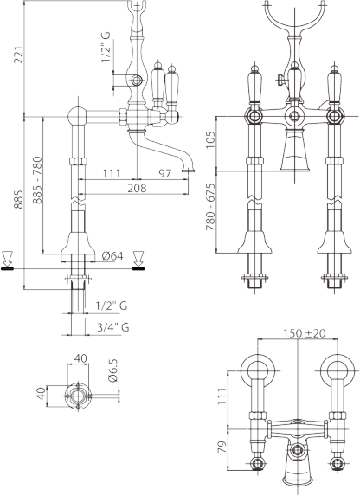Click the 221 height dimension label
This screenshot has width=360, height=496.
[x=18, y=55]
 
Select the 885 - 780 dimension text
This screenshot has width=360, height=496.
[x=37, y=180]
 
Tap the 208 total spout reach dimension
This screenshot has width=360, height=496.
[x=137, y=188]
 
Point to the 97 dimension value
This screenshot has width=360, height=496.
[x=164, y=174]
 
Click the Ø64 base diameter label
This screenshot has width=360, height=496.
[x=113, y=256]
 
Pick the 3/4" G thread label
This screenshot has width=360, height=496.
[x=113, y=327]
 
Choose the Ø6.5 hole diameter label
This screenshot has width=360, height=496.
[x=113, y=370]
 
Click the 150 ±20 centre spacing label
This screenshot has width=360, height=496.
[x=304, y=333]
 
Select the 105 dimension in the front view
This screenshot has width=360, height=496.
[x=210, y=138]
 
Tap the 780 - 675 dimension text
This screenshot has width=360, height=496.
[x=210, y=207]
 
